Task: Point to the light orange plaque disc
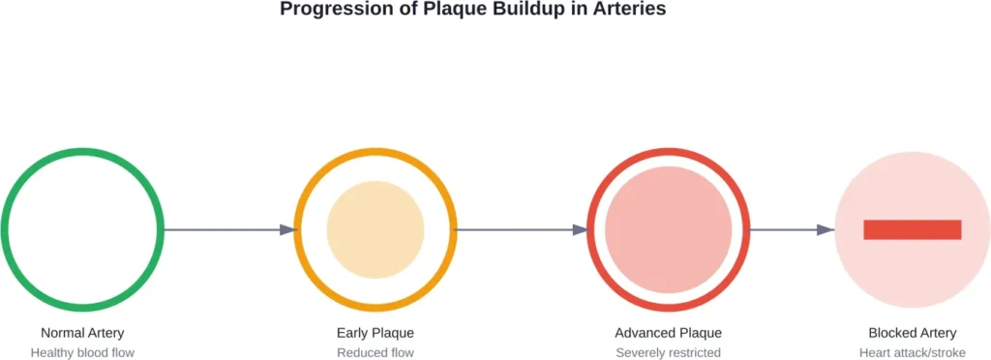click(375, 229)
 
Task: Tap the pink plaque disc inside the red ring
click(668, 229)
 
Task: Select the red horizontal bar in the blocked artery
click(912, 229)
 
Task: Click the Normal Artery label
click(82, 333)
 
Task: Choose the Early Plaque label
click(375, 333)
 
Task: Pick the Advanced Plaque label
click(668, 333)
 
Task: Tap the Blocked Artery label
click(912, 333)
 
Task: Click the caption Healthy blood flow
click(82, 353)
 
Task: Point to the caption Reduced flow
click(375, 353)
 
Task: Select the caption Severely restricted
click(668, 353)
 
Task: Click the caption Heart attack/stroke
click(912, 353)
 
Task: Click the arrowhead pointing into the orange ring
click(287, 229)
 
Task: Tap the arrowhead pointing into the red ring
click(581, 229)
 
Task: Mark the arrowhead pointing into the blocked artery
click(826, 229)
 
